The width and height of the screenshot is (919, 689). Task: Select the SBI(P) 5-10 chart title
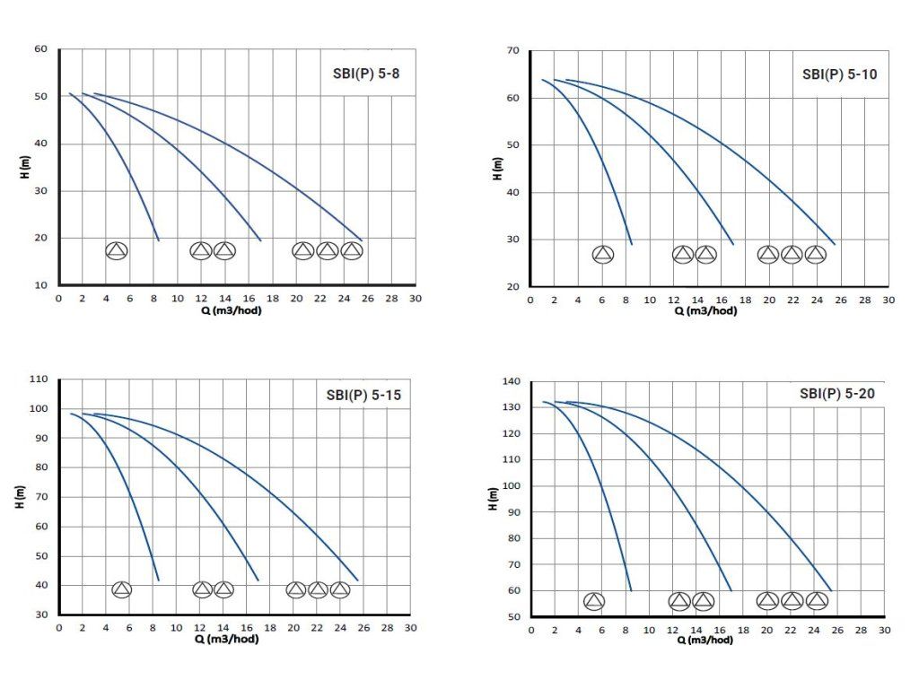(839, 74)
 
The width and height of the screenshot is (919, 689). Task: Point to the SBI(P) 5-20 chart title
(836, 393)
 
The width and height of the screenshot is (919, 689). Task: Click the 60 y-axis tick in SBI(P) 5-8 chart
(40, 49)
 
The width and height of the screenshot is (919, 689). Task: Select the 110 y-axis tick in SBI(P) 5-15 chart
(38, 379)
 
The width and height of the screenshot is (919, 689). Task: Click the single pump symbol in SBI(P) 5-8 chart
(117, 250)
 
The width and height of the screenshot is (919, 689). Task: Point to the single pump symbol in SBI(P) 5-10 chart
(603, 255)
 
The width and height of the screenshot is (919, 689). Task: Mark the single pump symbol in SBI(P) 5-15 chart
(122, 589)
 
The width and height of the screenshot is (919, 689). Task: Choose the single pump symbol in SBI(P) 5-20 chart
(594, 601)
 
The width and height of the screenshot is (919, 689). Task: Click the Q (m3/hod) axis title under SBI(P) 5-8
(237, 310)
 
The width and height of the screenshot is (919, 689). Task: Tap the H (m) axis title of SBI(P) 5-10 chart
(498, 169)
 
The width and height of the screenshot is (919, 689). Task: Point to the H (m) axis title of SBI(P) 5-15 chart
(20, 498)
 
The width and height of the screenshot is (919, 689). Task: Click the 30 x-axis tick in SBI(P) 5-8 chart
(415, 299)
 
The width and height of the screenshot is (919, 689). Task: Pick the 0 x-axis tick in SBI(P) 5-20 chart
(530, 630)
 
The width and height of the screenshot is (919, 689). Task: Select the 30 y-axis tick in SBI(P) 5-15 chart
(40, 615)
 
